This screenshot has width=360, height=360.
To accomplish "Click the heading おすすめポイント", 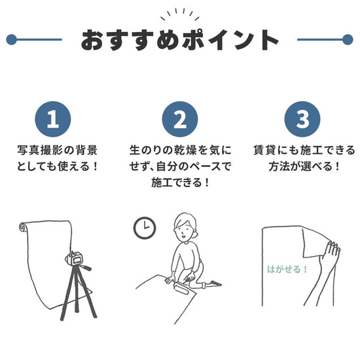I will coord(179,40).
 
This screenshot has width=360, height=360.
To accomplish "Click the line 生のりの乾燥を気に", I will coord(179,150).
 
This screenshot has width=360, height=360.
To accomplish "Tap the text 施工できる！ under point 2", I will coord(179,183).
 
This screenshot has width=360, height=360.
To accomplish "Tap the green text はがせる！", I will coord(287,268).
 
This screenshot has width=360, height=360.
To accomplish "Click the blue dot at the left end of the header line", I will coord(10,39).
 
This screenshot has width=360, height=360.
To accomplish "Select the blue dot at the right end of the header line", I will coord(348,39).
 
